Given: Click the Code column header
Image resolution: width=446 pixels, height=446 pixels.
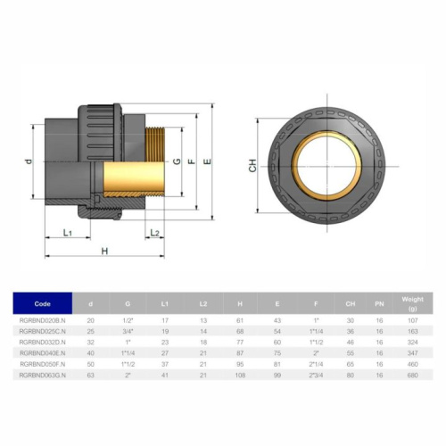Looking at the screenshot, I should point(43,303).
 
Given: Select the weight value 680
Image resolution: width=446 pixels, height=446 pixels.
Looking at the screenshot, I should point(412,375).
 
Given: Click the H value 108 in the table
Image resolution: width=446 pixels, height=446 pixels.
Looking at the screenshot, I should point(239,375).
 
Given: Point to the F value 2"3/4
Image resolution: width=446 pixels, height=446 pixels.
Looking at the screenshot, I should point(316,375).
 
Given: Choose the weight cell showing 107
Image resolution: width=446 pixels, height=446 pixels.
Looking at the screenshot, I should point(412,319).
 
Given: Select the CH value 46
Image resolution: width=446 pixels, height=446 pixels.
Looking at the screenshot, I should point(351,342).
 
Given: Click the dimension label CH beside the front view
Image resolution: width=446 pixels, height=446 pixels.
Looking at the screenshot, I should point(252,166).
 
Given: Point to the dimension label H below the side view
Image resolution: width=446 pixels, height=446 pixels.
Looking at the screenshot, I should point(104,252).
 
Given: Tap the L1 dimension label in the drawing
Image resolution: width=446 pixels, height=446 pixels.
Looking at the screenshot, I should point(68,232).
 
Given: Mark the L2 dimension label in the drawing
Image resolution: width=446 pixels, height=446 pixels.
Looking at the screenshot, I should point(154,233).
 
